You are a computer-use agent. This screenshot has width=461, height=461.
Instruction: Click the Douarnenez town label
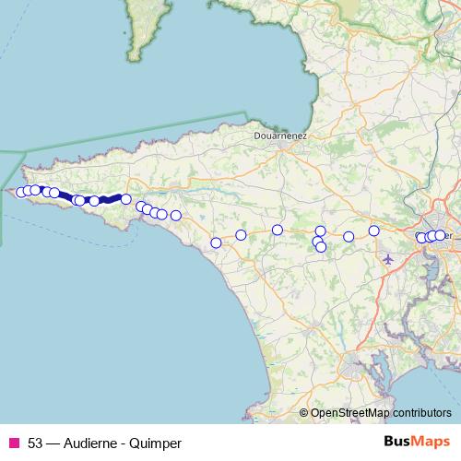click(280, 135)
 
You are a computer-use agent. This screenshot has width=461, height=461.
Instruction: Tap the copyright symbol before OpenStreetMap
click(303, 413)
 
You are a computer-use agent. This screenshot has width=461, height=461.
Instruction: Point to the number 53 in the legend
click(35, 443)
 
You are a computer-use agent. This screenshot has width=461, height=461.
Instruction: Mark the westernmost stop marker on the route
click(20, 192)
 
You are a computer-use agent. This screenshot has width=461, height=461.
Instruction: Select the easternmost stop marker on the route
click(440, 235)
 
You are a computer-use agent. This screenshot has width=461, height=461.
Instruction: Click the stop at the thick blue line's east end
click(126, 199)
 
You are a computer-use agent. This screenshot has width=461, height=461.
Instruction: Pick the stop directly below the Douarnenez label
click(277, 230)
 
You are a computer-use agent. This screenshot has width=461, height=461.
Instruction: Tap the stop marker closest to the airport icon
click(373, 230)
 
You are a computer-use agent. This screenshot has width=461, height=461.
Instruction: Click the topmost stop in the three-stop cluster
click(321, 231)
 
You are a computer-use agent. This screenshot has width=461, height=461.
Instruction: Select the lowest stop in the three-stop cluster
click(321, 247)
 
